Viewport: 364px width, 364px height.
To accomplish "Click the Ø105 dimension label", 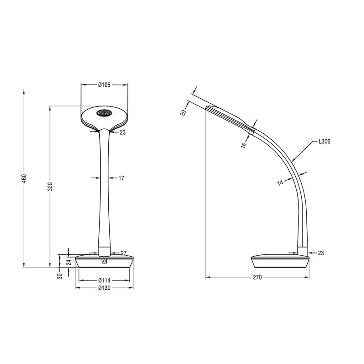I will pos(105,85).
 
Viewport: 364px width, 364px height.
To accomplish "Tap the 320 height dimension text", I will pos(51,187).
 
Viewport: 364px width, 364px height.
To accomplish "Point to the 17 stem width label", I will pos(121,178).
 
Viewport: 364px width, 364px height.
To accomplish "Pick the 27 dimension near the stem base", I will pos(123,253).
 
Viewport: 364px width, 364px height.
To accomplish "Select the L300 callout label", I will pos(324,142).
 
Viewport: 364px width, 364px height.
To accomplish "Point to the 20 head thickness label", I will pos(183,112).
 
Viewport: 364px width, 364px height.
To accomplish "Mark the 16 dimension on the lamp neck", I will pos(244,144).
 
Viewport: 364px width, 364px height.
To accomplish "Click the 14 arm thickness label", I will pos(281,183).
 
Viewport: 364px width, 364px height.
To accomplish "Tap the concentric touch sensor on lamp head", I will pos(104,113).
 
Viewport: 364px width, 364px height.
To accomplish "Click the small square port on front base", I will pos(105,261).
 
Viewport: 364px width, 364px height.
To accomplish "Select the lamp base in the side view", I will pos(279,261).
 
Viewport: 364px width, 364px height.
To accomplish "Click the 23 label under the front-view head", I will pos(123,132).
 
